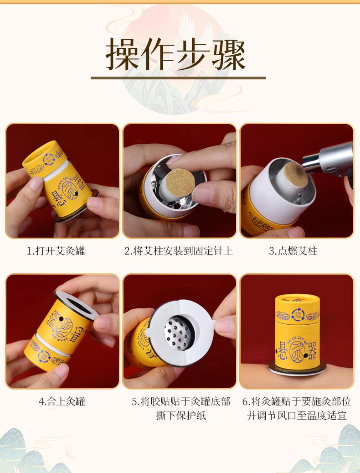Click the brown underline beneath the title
[x=178, y=78]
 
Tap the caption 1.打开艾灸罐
[x=56, y=251]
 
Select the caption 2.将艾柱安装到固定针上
[x=179, y=251]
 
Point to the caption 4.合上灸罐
[x=62, y=401]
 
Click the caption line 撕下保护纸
[x=181, y=416]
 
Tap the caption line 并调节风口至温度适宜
[x=297, y=416]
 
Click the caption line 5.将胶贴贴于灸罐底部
[x=181, y=401]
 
